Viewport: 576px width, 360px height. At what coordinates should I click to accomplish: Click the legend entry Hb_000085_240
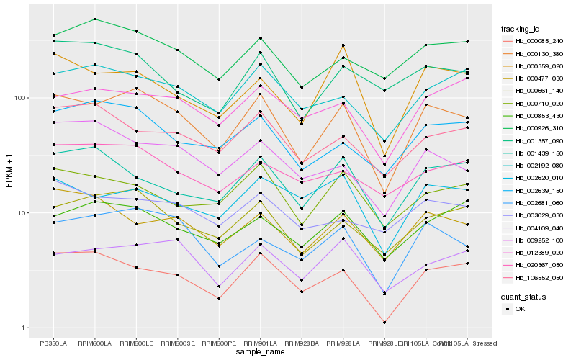[x=533, y=41]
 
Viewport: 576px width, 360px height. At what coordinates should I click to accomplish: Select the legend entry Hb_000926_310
[x=533, y=128]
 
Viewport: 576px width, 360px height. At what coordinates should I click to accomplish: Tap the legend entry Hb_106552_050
[x=533, y=277]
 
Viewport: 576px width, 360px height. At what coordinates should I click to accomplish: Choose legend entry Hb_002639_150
[x=533, y=190]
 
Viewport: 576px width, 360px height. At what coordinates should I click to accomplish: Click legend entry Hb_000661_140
[x=533, y=91]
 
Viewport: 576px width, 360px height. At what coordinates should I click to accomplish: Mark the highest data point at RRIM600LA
[x=94, y=19]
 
